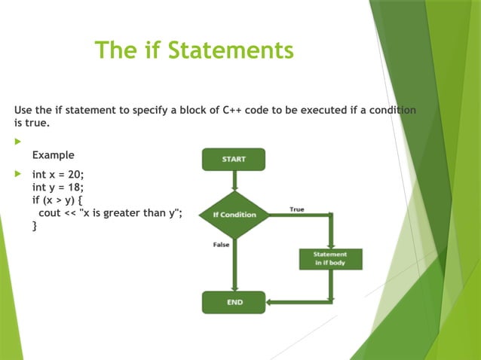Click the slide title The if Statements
point(194,50)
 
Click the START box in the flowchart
point(234,159)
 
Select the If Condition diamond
point(234,215)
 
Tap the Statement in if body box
point(330,258)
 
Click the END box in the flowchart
point(234,302)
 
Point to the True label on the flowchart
point(297,209)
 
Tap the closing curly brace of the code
point(35,225)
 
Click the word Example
point(53,155)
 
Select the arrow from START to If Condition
point(234,181)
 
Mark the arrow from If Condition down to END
point(234,264)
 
